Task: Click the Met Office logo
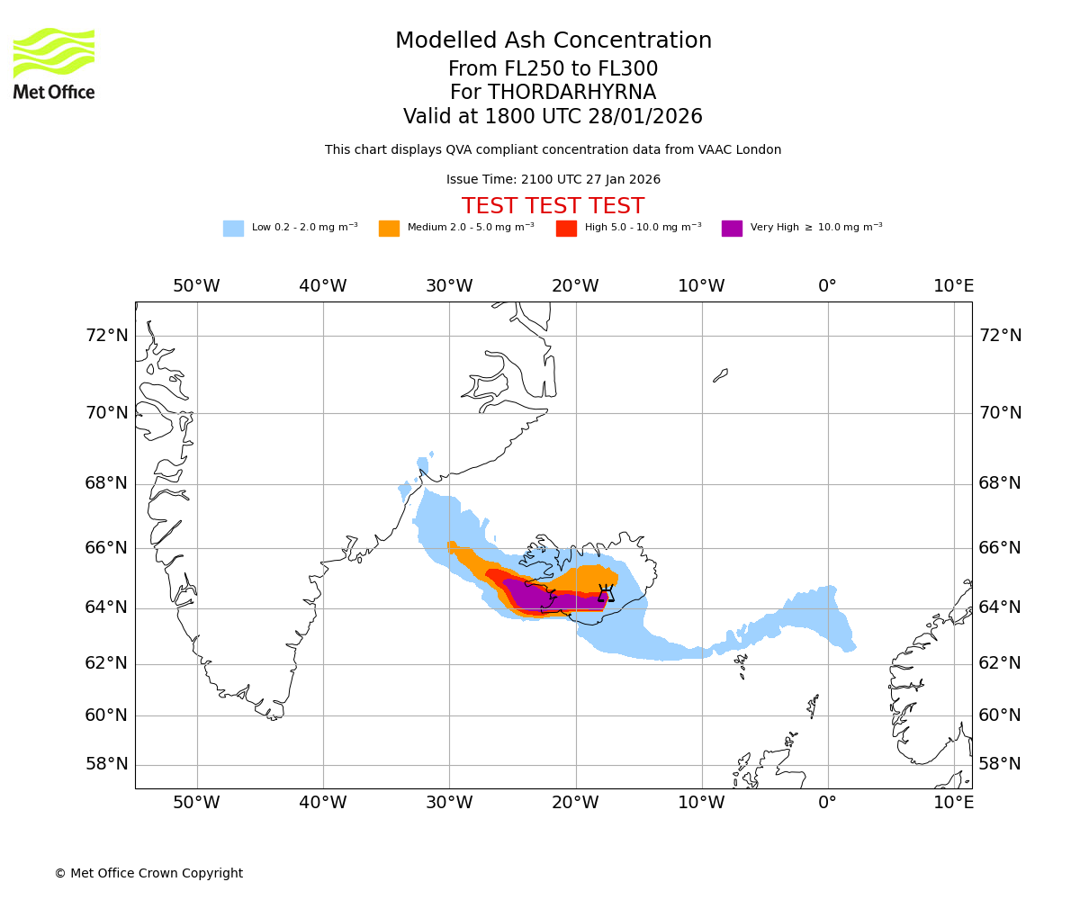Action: pos(54,63)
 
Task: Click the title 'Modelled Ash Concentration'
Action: pos(553,41)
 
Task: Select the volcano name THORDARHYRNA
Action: pos(571,93)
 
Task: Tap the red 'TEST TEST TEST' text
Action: pos(553,206)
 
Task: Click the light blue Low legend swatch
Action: pos(233,229)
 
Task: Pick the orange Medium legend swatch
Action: pos(389,229)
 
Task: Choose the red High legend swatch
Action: pos(566,229)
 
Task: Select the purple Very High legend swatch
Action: pos(732,229)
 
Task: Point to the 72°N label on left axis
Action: pos(106,336)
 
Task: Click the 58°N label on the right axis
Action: pos(1000,764)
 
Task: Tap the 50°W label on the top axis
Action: pos(196,286)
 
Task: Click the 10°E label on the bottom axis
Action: pos(953,803)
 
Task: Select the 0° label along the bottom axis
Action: pos(827,803)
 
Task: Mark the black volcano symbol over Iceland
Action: pos(606,593)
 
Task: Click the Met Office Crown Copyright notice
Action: pos(148,873)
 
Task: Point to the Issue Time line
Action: pos(553,180)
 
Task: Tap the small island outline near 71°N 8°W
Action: pos(720,375)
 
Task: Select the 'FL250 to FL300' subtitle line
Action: pos(553,69)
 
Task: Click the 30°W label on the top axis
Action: pos(448,286)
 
